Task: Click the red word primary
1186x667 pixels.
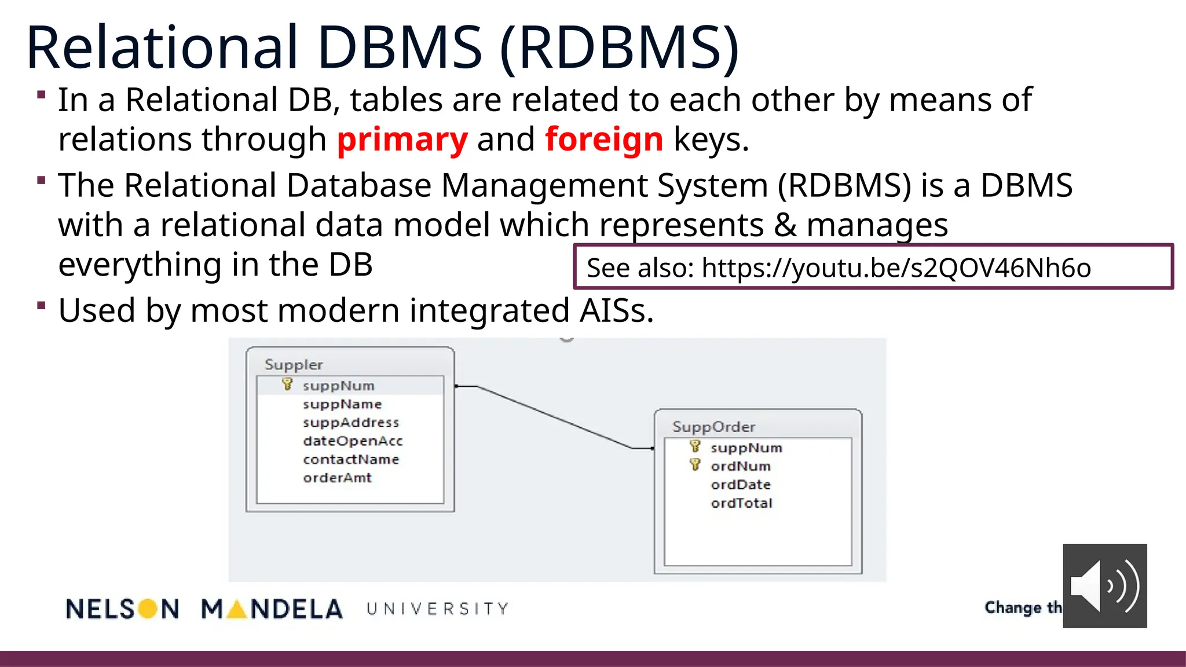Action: (x=402, y=140)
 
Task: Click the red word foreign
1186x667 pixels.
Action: (x=603, y=140)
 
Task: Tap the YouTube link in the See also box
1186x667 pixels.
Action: (x=896, y=268)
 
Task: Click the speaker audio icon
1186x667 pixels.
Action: (x=1104, y=586)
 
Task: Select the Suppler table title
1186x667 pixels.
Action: (x=294, y=365)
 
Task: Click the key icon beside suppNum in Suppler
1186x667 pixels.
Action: (x=287, y=384)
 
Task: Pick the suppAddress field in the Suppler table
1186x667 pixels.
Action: (x=351, y=423)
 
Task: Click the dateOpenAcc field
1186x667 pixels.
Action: (x=353, y=441)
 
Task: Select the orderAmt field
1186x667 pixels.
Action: (x=337, y=478)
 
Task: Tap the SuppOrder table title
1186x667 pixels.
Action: (x=713, y=427)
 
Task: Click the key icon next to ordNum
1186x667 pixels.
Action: (x=695, y=465)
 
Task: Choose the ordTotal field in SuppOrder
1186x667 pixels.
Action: (x=741, y=503)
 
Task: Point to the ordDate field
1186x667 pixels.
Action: (x=741, y=485)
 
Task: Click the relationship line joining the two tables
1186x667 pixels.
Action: (x=554, y=417)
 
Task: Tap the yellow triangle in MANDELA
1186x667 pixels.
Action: (x=237, y=609)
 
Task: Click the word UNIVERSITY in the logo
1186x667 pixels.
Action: (x=437, y=609)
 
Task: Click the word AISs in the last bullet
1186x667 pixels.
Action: (x=617, y=311)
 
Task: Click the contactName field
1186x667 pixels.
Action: (x=351, y=460)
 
